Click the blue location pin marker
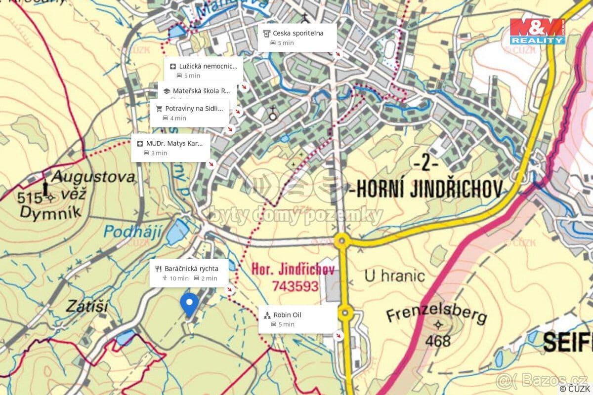click(189, 304)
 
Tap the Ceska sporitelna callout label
click(297, 38)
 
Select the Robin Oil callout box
click(298, 319)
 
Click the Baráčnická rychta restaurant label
click(189, 273)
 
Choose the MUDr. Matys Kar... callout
click(170, 148)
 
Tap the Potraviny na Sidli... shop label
click(190, 113)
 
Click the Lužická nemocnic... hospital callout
click(204, 70)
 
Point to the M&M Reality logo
click(538, 32)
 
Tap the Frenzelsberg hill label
click(436, 315)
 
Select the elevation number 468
click(437, 341)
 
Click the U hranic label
click(395, 276)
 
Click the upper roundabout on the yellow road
click(341, 241)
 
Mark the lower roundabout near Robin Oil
click(345, 312)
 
